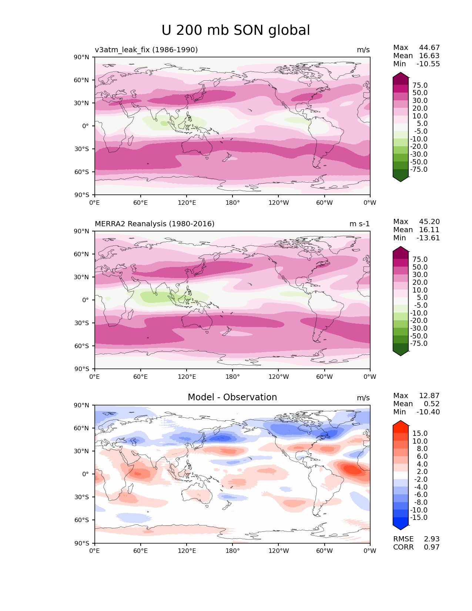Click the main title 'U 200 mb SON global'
click(x=235, y=30)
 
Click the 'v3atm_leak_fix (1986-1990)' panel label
click(x=146, y=50)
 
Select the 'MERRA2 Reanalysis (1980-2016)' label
click(x=155, y=224)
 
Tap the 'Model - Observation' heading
click(x=232, y=397)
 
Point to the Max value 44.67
click(x=429, y=47)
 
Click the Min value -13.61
click(x=428, y=238)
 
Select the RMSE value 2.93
click(x=432, y=539)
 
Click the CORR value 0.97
click(x=432, y=547)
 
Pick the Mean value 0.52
click(x=432, y=404)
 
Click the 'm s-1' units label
click(x=359, y=224)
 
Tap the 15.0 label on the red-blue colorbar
click(x=420, y=434)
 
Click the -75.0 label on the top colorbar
click(x=419, y=169)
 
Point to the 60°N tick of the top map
click(x=81, y=80)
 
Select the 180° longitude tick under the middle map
click(x=232, y=377)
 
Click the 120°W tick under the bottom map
click(x=279, y=551)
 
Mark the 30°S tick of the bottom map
click(x=81, y=497)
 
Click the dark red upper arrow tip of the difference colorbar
click(x=400, y=421)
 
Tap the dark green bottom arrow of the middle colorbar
click(x=400, y=353)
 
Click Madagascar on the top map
click(x=130, y=141)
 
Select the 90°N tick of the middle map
click(x=81, y=231)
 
